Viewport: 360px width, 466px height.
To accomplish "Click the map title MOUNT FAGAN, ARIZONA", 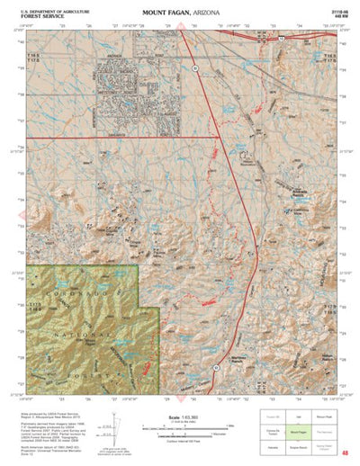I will [180, 13].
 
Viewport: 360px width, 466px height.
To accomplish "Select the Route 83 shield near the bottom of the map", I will [216, 368].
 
